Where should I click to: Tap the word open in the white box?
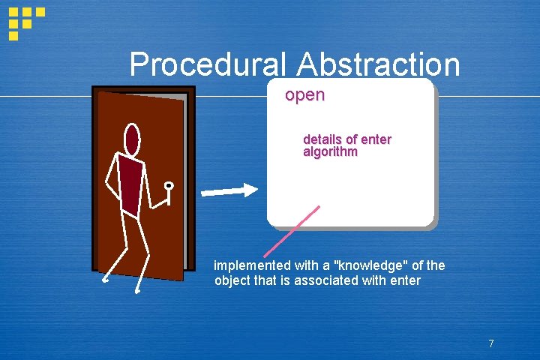[x=304, y=95]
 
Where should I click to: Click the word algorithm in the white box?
[x=330, y=151]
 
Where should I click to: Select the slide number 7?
[x=490, y=344]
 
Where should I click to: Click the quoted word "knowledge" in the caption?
[x=368, y=265]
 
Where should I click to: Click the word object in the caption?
[x=233, y=281]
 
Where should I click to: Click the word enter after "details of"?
[x=376, y=139]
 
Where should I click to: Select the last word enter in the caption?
[x=405, y=281]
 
